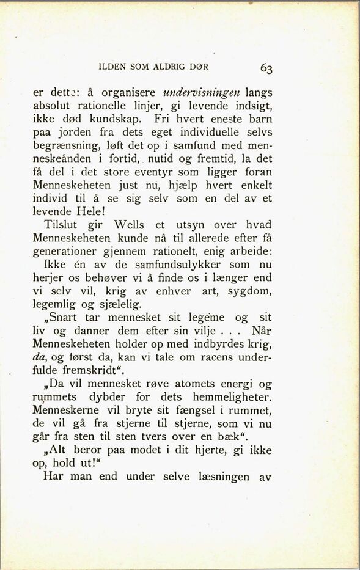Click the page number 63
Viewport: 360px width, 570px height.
pyautogui.click(x=266, y=67)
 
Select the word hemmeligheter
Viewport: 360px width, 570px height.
pyautogui.click(x=229, y=397)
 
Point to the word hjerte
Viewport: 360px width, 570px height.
pyautogui.click(x=197, y=451)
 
